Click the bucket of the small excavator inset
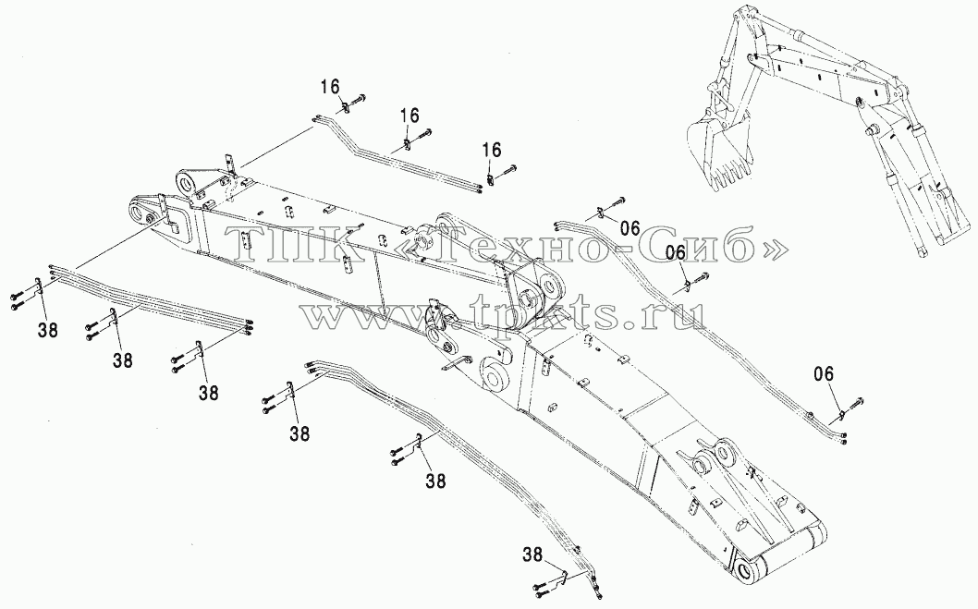coord(717,152)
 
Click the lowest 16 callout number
coord(492,150)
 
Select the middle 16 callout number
coord(410,116)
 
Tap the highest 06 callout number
coord(630,229)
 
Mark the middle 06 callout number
coord(676,252)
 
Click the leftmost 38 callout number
coord(47,330)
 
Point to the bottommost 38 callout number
coord(534,553)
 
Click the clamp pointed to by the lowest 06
coord(841,413)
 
